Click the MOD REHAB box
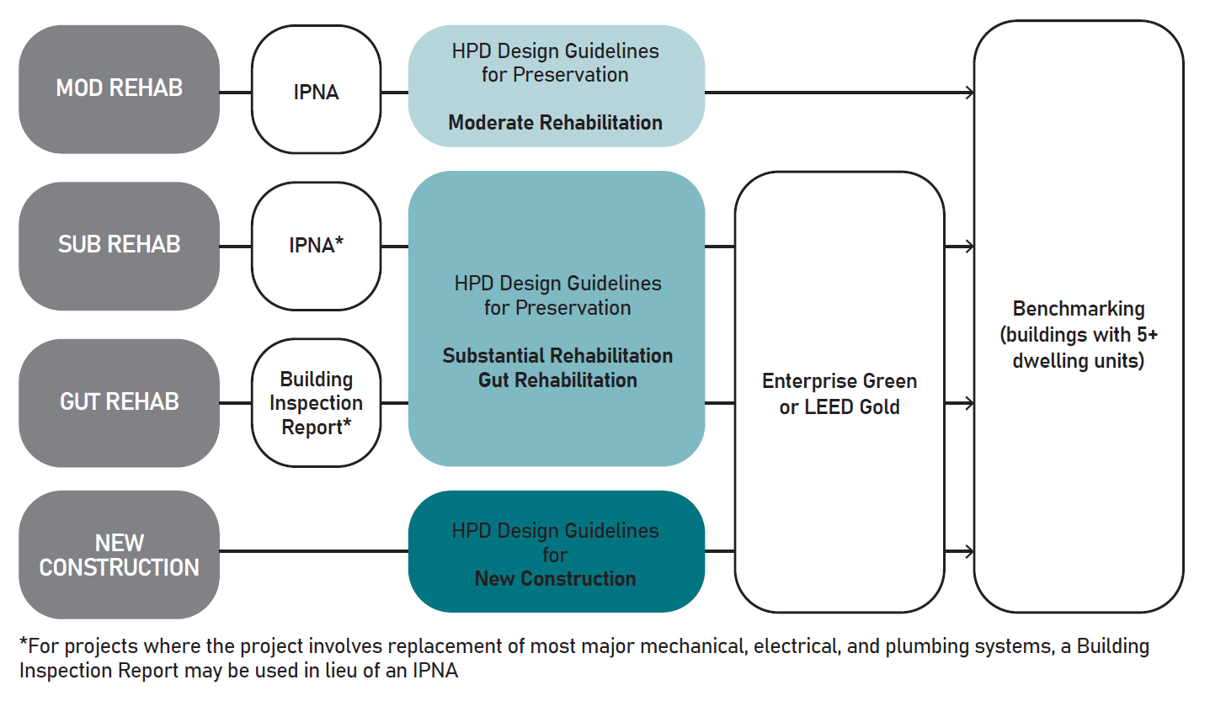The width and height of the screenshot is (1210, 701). tap(119, 89)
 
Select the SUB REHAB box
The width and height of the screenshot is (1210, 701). tap(119, 246)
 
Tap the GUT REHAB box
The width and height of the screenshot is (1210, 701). tap(119, 402)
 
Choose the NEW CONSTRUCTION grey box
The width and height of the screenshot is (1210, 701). tap(119, 555)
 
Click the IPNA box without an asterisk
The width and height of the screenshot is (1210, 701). tap(316, 92)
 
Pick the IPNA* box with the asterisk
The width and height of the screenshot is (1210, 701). tap(316, 246)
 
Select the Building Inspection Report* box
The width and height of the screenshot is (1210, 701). tap(316, 403)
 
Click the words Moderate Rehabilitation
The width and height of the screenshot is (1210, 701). tap(555, 123)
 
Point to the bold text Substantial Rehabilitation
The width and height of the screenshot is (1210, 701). tap(557, 356)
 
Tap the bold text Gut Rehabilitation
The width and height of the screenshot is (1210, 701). tap(557, 380)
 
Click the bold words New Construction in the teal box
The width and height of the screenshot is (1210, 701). tap(555, 579)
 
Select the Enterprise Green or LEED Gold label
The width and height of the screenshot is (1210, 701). tap(840, 394)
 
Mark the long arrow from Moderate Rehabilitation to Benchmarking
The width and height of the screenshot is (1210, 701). tap(838, 92)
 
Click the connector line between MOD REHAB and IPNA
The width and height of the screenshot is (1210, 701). tap(235, 92)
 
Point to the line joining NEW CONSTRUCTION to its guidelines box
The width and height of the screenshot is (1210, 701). tap(313, 552)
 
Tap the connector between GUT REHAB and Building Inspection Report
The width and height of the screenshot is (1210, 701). tap(235, 403)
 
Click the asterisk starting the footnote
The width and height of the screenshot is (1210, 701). tap(24, 644)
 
